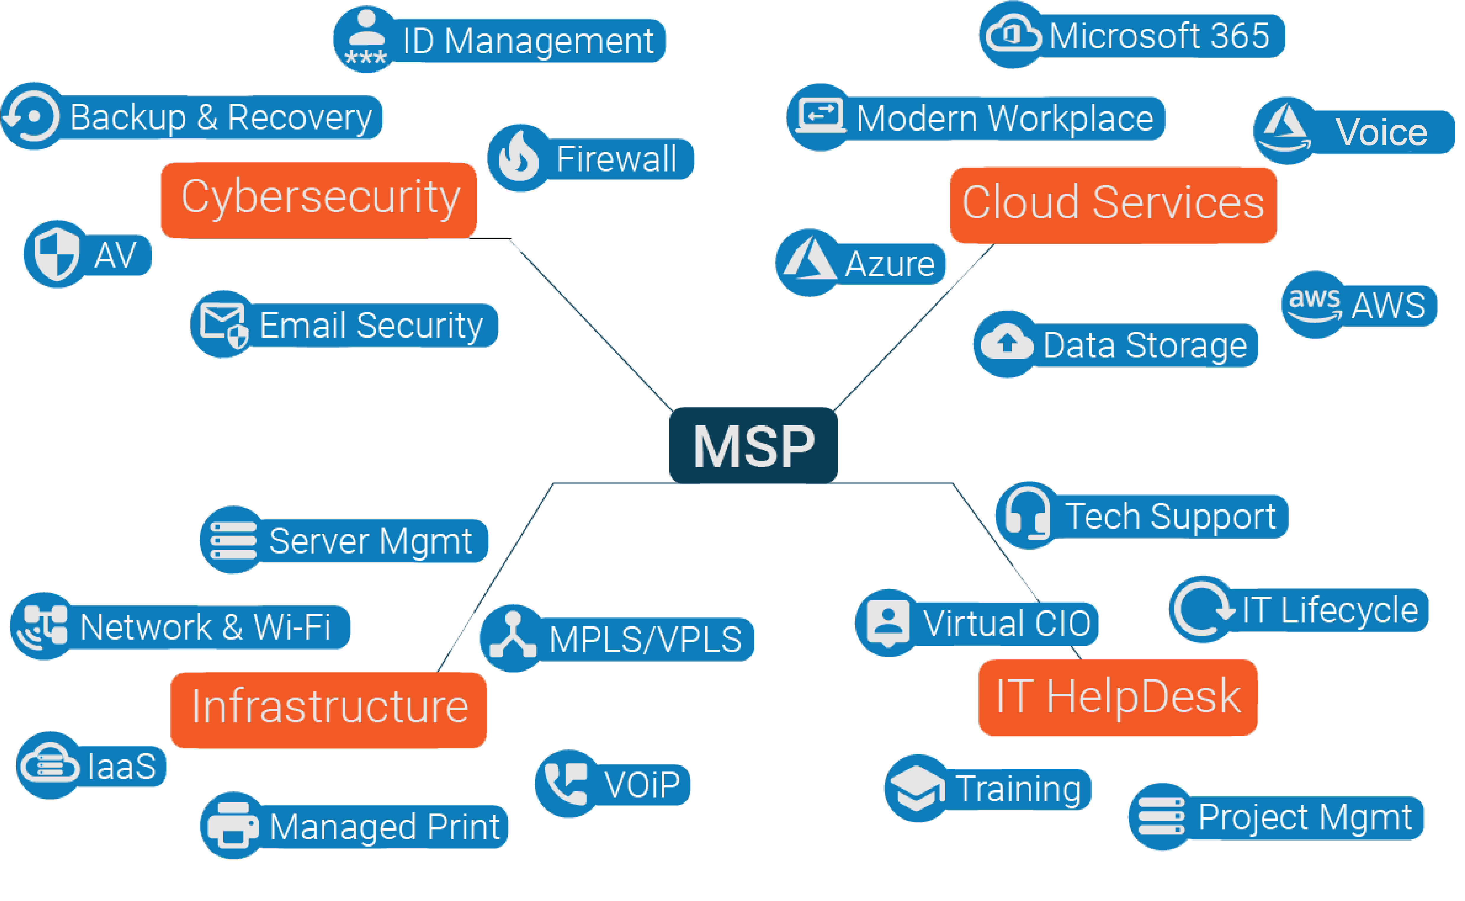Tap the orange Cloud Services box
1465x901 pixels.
(1113, 204)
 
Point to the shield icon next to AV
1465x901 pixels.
(56, 254)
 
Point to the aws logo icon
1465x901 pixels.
(1314, 304)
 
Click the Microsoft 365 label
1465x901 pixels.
(1159, 36)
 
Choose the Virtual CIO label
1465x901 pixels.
(1007, 623)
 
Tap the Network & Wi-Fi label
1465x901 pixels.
(205, 627)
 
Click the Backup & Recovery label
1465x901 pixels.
(221, 117)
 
